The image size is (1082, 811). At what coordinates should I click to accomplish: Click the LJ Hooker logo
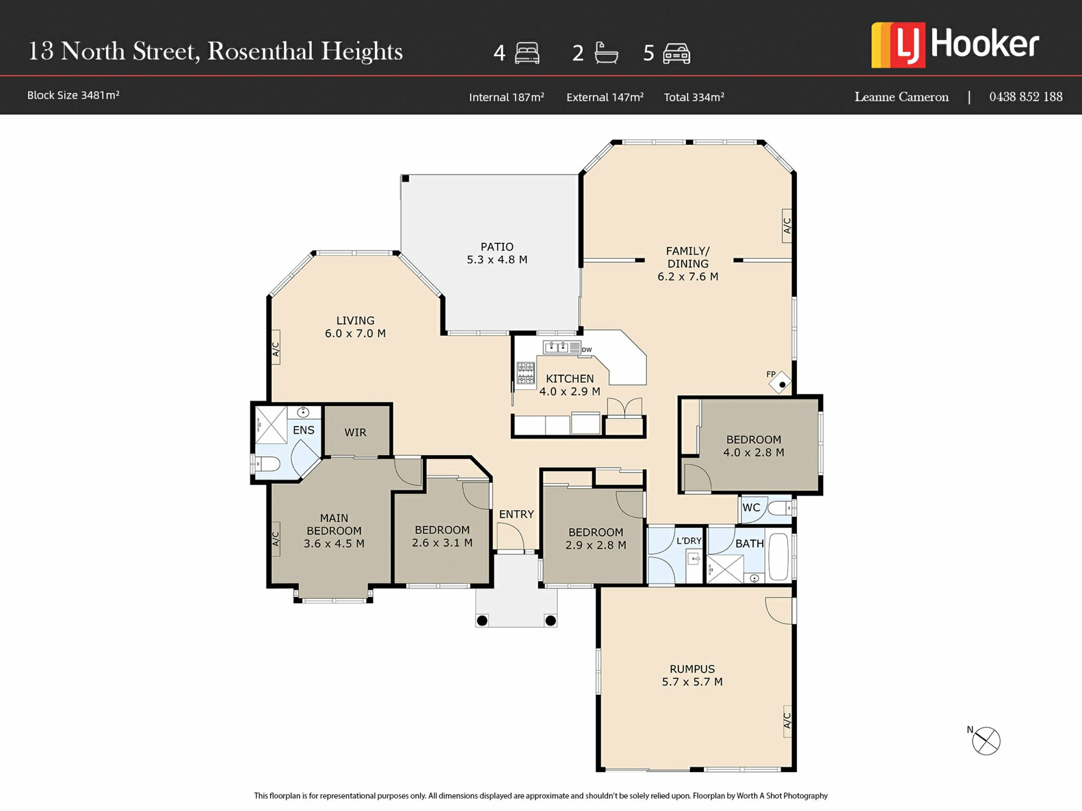pyautogui.click(x=955, y=45)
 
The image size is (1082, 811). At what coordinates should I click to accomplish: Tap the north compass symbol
pyautogui.click(x=986, y=741)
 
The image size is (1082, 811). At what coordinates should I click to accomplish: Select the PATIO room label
pyautogui.click(x=497, y=247)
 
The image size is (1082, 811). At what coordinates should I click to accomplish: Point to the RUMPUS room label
pyautogui.click(x=692, y=669)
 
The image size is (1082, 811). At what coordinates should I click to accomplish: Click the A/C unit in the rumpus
pyautogui.click(x=787, y=721)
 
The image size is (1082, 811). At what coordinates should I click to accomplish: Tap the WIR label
pyautogui.click(x=355, y=432)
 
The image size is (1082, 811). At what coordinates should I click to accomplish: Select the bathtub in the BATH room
pyautogui.click(x=779, y=556)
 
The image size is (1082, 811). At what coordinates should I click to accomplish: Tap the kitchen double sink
pyautogui.click(x=556, y=347)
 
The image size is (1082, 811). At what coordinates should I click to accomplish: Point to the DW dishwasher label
pyautogui.click(x=587, y=350)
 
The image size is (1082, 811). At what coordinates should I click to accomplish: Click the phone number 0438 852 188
pyautogui.click(x=1026, y=97)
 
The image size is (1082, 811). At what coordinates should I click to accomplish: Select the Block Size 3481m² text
pyautogui.click(x=73, y=95)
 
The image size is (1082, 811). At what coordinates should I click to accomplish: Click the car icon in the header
pyautogui.click(x=677, y=54)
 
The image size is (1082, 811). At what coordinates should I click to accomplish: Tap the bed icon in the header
pyautogui.click(x=527, y=54)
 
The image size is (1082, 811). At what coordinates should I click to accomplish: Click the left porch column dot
pyautogui.click(x=482, y=621)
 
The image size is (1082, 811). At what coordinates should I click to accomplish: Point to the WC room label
pyautogui.click(x=751, y=507)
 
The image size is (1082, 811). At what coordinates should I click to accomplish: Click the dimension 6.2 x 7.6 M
pyautogui.click(x=688, y=277)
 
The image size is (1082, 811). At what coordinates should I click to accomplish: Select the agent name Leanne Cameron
pyautogui.click(x=902, y=97)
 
